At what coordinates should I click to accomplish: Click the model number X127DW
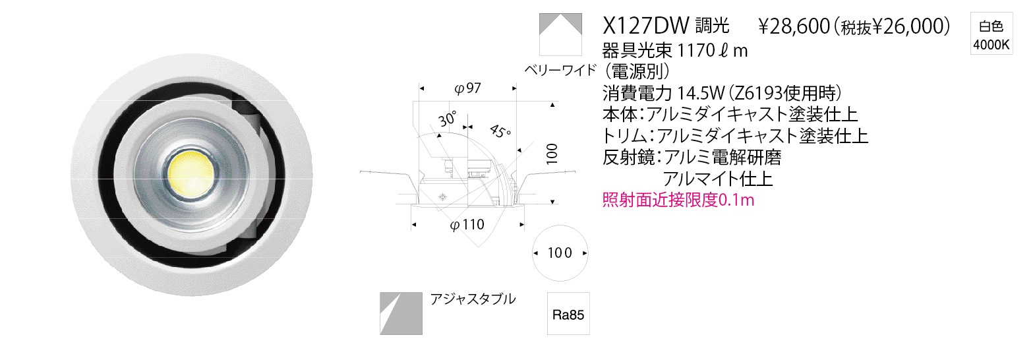[645, 26]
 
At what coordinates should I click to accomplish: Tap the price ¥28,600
[794, 27]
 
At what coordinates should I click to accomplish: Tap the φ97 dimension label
[467, 88]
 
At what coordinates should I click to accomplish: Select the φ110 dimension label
[467, 225]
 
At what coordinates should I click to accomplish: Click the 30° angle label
[448, 119]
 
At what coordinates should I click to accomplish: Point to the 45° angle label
[500, 131]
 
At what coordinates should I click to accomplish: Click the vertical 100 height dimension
[552, 154]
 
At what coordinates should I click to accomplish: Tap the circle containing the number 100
[560, 253]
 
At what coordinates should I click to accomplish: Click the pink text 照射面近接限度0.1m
[678, 199]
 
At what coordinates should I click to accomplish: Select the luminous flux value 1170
[696, 50]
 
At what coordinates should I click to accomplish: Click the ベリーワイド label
[560, 70]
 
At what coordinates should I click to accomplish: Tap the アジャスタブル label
[473, 299]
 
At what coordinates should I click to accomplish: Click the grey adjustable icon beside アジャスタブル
[401, 313]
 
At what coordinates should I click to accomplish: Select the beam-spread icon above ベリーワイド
[560, 34]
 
